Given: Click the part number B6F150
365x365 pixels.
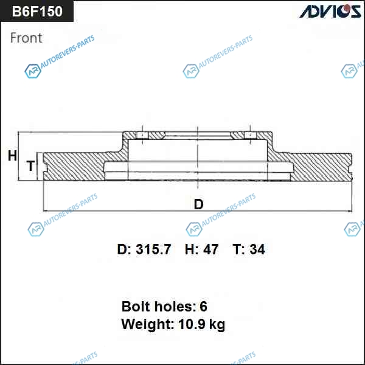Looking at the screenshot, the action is (x=37, y=11).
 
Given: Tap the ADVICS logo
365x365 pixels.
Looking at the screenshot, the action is (x=330, y=11).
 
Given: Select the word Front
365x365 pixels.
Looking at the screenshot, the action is (x=26, y=38).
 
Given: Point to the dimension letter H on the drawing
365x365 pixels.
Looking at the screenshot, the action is (x=12, y=156).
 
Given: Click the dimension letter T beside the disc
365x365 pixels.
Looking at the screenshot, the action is (x=30, y=165).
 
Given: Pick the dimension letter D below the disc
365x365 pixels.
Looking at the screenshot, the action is (x=198, y=204).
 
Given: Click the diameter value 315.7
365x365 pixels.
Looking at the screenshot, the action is (x=153, y=249).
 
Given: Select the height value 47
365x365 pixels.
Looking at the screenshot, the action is (x=211, y=249).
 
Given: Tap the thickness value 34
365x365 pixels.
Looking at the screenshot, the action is (x=257, y=249).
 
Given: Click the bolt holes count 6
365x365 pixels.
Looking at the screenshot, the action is (x=203, y=307).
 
